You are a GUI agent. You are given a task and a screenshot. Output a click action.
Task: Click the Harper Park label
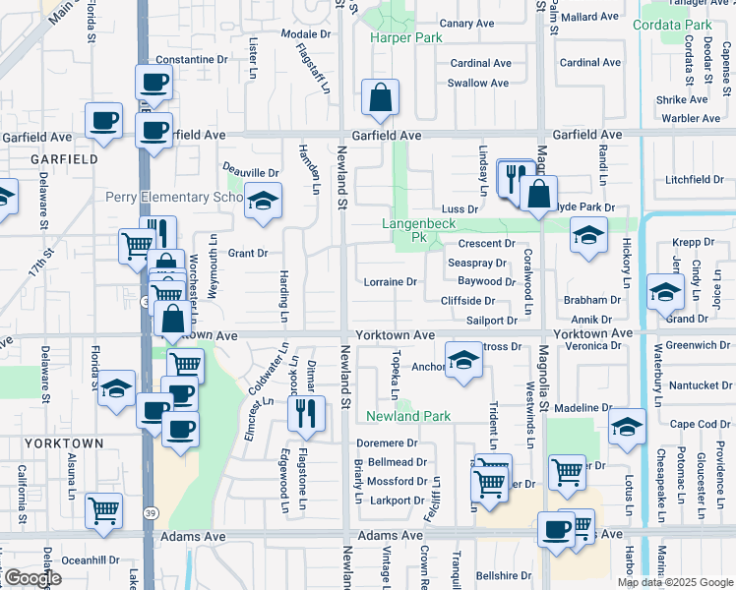click(x=405, y=37)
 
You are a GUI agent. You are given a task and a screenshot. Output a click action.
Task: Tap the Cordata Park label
click(x=672, y=25)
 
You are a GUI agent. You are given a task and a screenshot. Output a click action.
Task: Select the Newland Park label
click(x=408, y=416)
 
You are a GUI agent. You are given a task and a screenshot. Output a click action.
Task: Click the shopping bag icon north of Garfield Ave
click(x=379, y=99)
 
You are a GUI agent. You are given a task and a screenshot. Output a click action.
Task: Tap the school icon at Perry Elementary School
click(x=263, y=202)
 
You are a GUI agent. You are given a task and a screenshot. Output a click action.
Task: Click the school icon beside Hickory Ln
click(x=588, y=236)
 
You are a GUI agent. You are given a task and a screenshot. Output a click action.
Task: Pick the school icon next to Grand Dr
click(x=665, y=290)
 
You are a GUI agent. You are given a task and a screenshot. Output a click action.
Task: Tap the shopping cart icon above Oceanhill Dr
click(x=103, y=510)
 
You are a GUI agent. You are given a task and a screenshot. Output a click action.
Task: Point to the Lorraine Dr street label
click(x=391, y=282)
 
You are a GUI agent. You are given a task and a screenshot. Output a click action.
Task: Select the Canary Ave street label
click(x=466, y=23)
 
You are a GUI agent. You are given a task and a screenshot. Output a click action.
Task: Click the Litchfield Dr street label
click(x=694, y=179)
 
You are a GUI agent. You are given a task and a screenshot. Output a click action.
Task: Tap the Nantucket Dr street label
click(x=694, y=384)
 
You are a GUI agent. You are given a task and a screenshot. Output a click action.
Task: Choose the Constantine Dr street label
click(x=191, y=60)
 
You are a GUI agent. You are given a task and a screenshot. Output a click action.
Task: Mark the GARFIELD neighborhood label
click(x=63, y=158)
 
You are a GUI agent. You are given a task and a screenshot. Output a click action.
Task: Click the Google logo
click(x=31, y=578)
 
